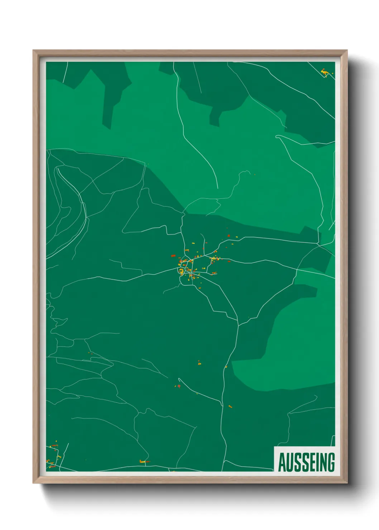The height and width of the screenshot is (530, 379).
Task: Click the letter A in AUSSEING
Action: tap(282, 462)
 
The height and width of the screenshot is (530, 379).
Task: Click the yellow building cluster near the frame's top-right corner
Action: tap(325, 73)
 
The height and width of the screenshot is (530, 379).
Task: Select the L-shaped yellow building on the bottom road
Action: tap(144, 462)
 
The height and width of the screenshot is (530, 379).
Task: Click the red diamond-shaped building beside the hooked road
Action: tap(178, 386)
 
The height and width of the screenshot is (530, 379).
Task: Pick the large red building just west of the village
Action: tap(173, 256)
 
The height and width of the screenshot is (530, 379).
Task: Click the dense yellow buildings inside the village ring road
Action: tap(181, 270)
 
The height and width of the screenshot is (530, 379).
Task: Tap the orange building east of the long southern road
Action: tap(230, 406)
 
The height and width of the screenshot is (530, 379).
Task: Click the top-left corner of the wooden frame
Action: tap(33, 50)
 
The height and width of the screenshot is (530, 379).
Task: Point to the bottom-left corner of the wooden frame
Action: tap(33, 483)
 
